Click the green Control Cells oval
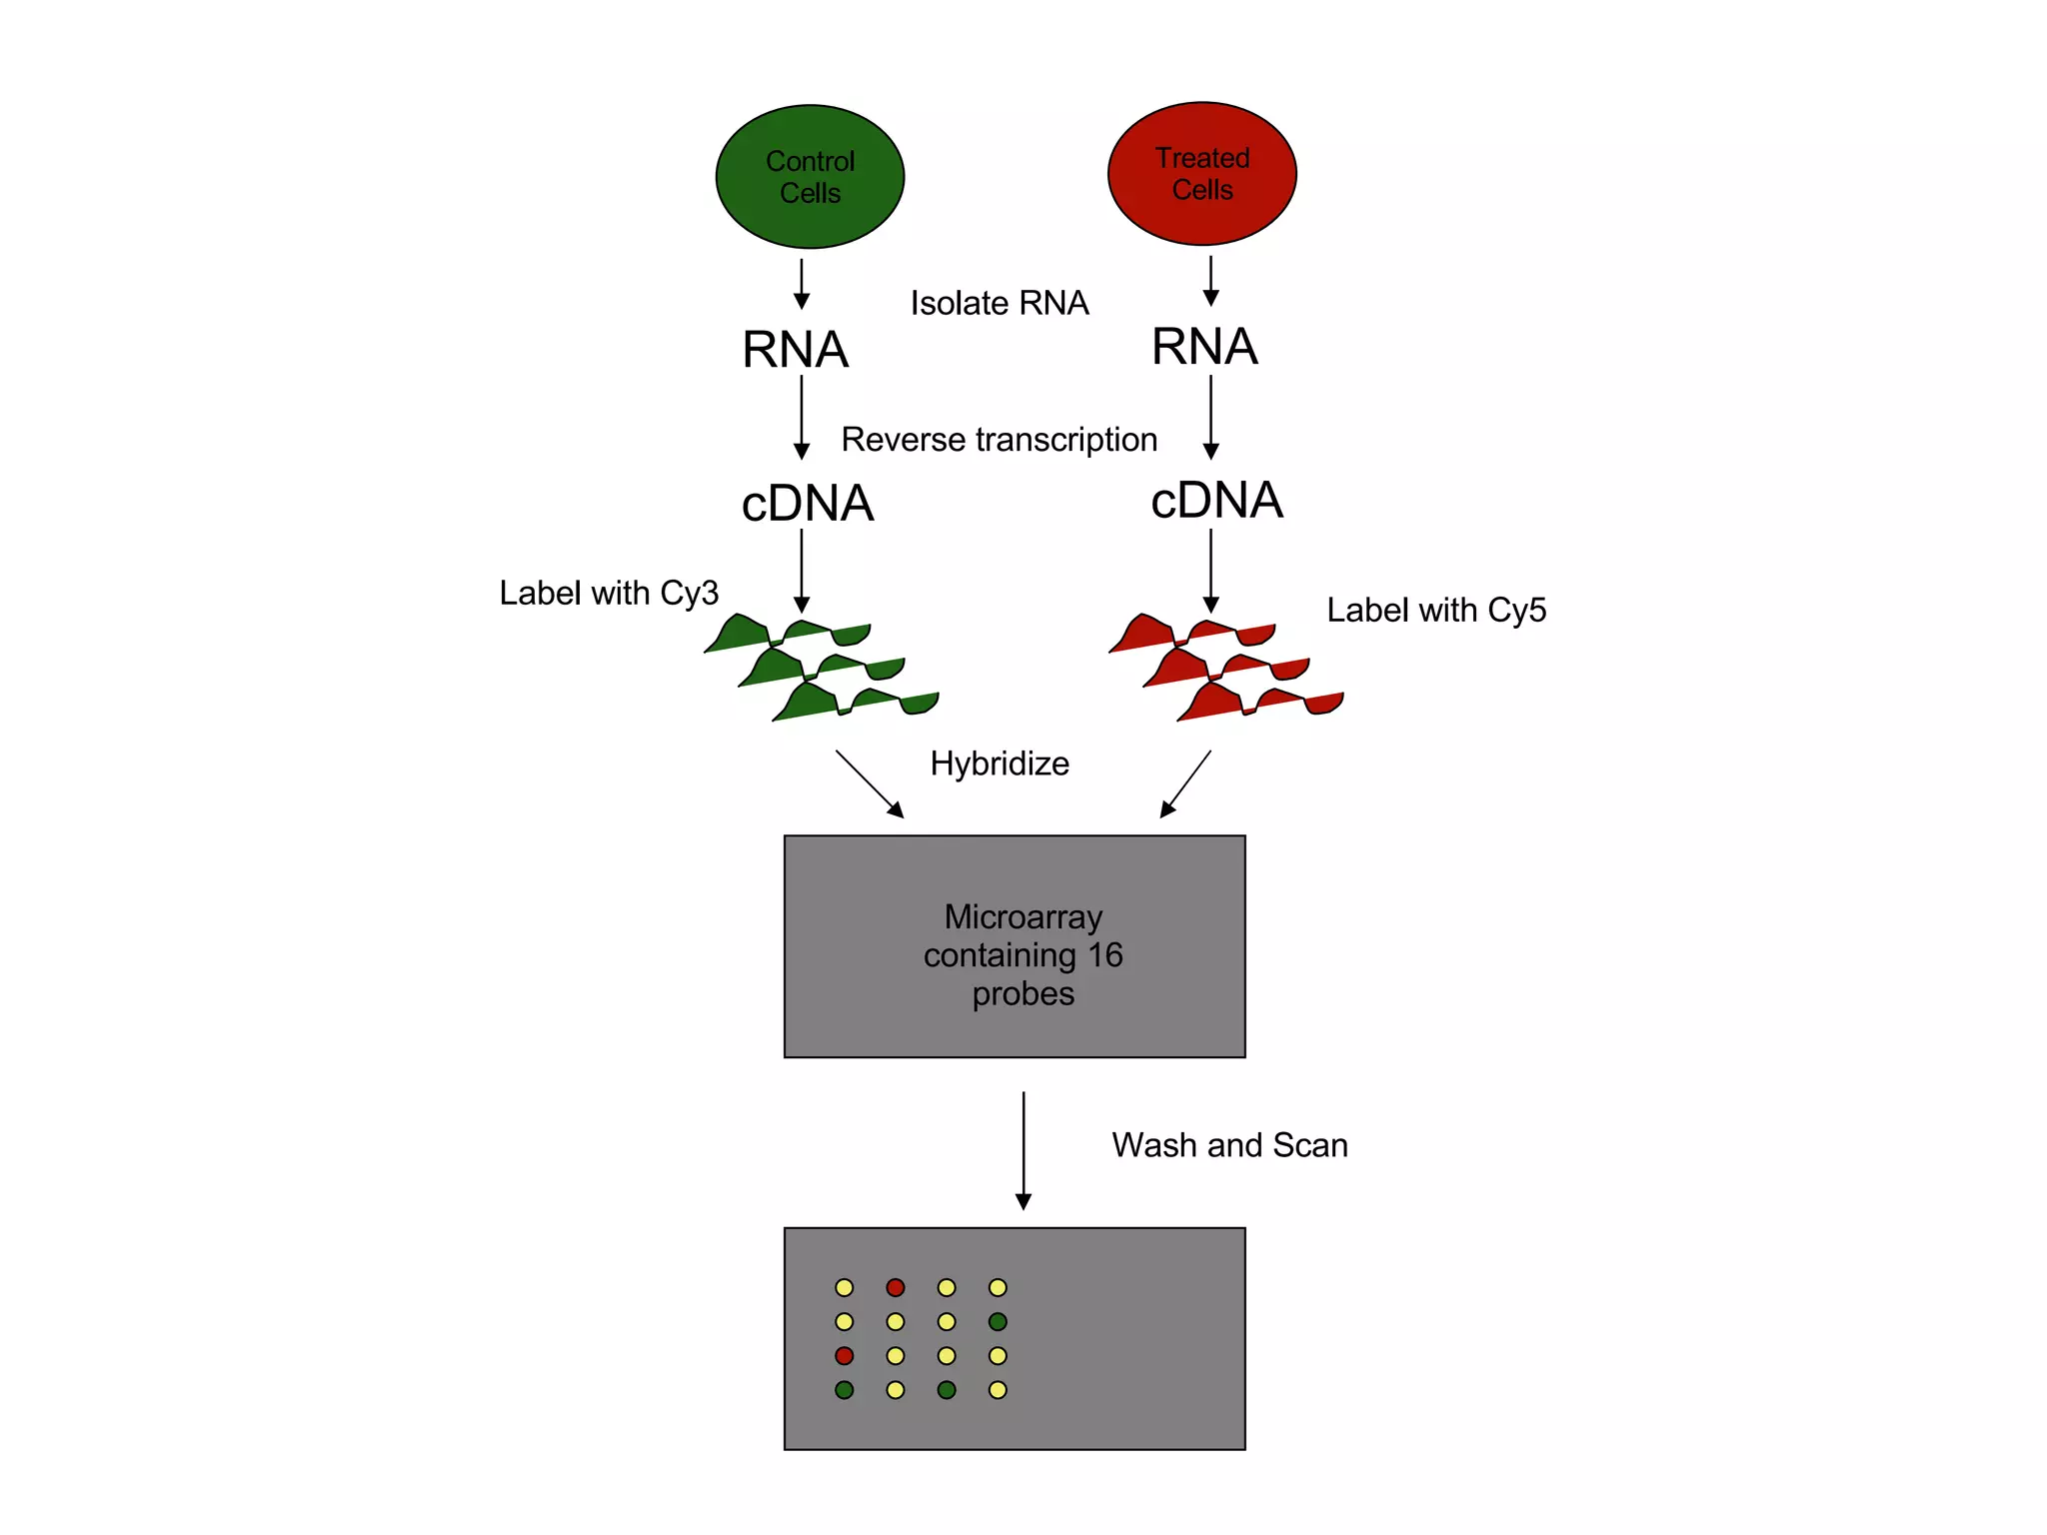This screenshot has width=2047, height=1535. point(810,177)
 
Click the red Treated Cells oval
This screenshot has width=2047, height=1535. point(1201,174)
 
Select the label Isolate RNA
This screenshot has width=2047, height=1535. point(999,303)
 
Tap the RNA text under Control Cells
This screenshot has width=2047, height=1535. point(795,350)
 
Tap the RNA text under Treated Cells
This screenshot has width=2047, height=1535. point(1203,347)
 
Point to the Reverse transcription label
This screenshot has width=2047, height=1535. point(999,440)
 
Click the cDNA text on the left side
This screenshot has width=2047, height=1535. point(807,503)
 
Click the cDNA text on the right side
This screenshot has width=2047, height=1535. point(1215,500)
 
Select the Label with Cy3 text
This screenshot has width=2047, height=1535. point(609,593)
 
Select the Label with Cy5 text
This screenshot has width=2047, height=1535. point(1435,610)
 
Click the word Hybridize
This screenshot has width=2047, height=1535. point(999,764)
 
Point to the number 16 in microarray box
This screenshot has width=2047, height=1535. point(1105,955)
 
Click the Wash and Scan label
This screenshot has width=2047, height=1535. point(1229,1145)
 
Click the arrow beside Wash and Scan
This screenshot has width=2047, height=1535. point(1023,1149)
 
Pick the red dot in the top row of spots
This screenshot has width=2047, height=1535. point(896,1287)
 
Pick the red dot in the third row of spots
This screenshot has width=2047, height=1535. point(845,1356)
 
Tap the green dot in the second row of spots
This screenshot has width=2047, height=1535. point(998,1321)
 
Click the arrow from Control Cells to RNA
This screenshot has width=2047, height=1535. point(801,284)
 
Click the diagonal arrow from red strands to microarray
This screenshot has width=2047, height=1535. point(1185,784)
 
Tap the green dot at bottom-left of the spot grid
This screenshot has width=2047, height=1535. point(845,1390)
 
